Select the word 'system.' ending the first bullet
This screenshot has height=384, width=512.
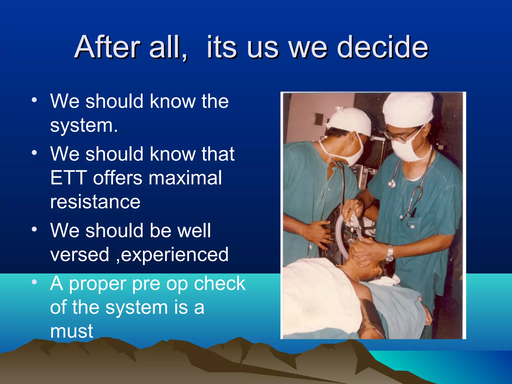[84, 125]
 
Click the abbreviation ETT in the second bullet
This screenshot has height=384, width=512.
[69, 178]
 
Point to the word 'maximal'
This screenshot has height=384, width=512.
[185, 178]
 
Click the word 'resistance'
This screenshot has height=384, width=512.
[95, 202]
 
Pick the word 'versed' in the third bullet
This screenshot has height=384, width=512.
[80, 254]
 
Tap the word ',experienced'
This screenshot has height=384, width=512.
[172, 254]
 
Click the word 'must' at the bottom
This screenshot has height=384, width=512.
[71, 331]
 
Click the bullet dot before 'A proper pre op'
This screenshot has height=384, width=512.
[34, 282]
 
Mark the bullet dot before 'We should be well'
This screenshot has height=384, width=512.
[34, 229]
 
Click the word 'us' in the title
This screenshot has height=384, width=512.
[262, 47]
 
